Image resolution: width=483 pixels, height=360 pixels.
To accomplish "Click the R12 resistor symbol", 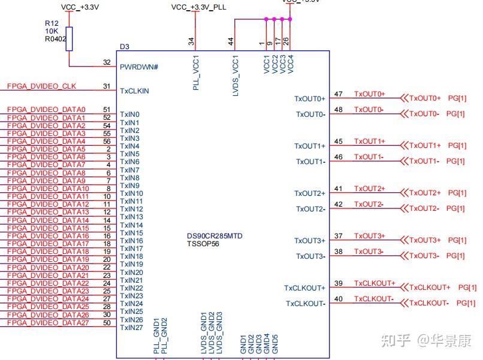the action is (70, 39).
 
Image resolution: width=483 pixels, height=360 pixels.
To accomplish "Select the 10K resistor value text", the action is (52, 31).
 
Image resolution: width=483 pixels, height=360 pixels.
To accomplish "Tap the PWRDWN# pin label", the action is (139, 67).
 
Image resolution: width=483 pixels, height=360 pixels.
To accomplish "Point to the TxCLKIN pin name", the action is (134, 91).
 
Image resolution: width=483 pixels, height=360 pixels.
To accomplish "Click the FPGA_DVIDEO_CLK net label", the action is (41, 86).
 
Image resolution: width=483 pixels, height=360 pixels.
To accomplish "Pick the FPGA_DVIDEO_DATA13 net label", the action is (48, 212).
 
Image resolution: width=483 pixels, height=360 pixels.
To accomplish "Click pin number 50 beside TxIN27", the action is (107, 323).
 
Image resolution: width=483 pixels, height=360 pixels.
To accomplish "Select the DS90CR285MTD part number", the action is (215, 236).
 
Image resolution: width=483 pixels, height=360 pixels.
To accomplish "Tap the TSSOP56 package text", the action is (203, 244).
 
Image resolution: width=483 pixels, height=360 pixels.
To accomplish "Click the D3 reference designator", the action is (125, 47).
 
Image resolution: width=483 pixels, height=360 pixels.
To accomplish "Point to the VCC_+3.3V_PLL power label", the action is (199, 7).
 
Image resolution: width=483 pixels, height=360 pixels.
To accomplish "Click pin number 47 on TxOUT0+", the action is (339, 94).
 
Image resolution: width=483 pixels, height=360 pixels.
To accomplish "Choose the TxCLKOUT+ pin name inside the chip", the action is (304, 288).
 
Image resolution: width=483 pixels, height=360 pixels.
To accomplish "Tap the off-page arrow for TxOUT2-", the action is (404, 208).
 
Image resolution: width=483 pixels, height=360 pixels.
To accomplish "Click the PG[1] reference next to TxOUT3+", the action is (457, 240).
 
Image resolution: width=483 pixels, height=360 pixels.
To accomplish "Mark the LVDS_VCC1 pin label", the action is (236, 75).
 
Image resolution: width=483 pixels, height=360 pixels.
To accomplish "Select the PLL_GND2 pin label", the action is (164, 335).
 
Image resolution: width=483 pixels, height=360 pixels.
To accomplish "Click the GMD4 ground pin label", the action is (267, 344).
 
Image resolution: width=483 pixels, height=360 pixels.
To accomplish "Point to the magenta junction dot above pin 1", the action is (267, 19).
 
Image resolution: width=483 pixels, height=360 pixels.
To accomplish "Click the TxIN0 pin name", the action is (129, 114).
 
